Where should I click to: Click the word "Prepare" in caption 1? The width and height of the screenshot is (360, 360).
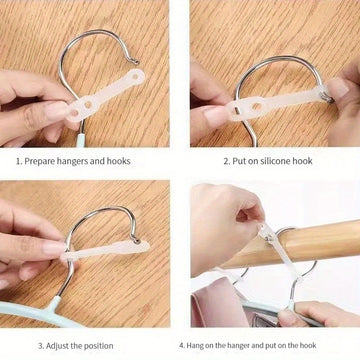(39, 161)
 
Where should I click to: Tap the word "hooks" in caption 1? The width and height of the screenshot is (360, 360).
(118, 161)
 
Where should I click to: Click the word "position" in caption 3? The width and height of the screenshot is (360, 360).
(97, 346)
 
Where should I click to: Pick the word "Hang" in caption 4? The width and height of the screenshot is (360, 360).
(196, 345)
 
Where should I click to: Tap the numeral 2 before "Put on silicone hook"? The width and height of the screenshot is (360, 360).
(226, 161)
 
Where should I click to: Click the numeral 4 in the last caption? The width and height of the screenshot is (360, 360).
(182, 345)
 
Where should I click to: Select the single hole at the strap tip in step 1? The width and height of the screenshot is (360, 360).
(135, 77)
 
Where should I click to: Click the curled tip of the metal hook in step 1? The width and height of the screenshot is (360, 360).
(135, 61)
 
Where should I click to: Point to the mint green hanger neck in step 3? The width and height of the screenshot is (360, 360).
(54, 303)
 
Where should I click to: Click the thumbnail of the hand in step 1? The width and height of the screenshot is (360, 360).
(57, 110)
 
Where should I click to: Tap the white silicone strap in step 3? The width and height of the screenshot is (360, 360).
(106, 249)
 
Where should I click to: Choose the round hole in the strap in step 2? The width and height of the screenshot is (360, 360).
(257, 107)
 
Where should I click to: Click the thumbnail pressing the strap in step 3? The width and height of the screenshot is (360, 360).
(53, 249)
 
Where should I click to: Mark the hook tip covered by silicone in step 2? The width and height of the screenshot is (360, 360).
(326, 97)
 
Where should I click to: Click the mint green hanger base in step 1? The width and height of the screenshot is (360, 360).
(81, 140)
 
